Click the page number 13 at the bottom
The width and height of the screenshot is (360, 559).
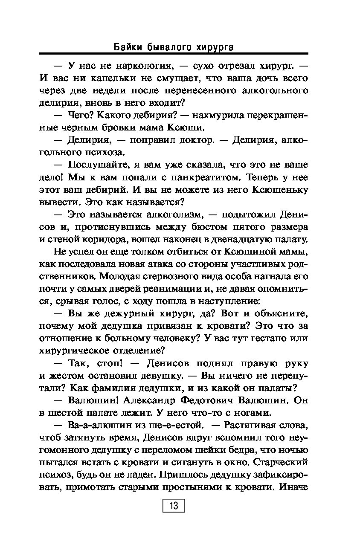[x=174, y=506]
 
